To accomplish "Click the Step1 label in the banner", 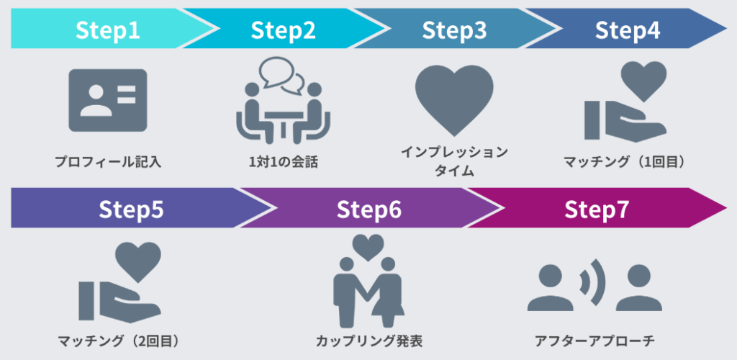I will coord(108,30).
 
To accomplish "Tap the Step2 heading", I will coord(283,30).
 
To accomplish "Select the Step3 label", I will coord(454,30).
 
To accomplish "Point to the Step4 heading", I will coord(628,30).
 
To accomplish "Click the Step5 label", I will coord(132,209).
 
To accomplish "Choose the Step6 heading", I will coord(368,209).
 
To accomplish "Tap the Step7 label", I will coord(597,209).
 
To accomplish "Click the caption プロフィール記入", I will coord(108,162).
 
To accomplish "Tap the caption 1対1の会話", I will coord(281,162).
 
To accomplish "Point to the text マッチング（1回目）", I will coord(623,162).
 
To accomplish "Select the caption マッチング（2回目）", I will coord(118,340).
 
